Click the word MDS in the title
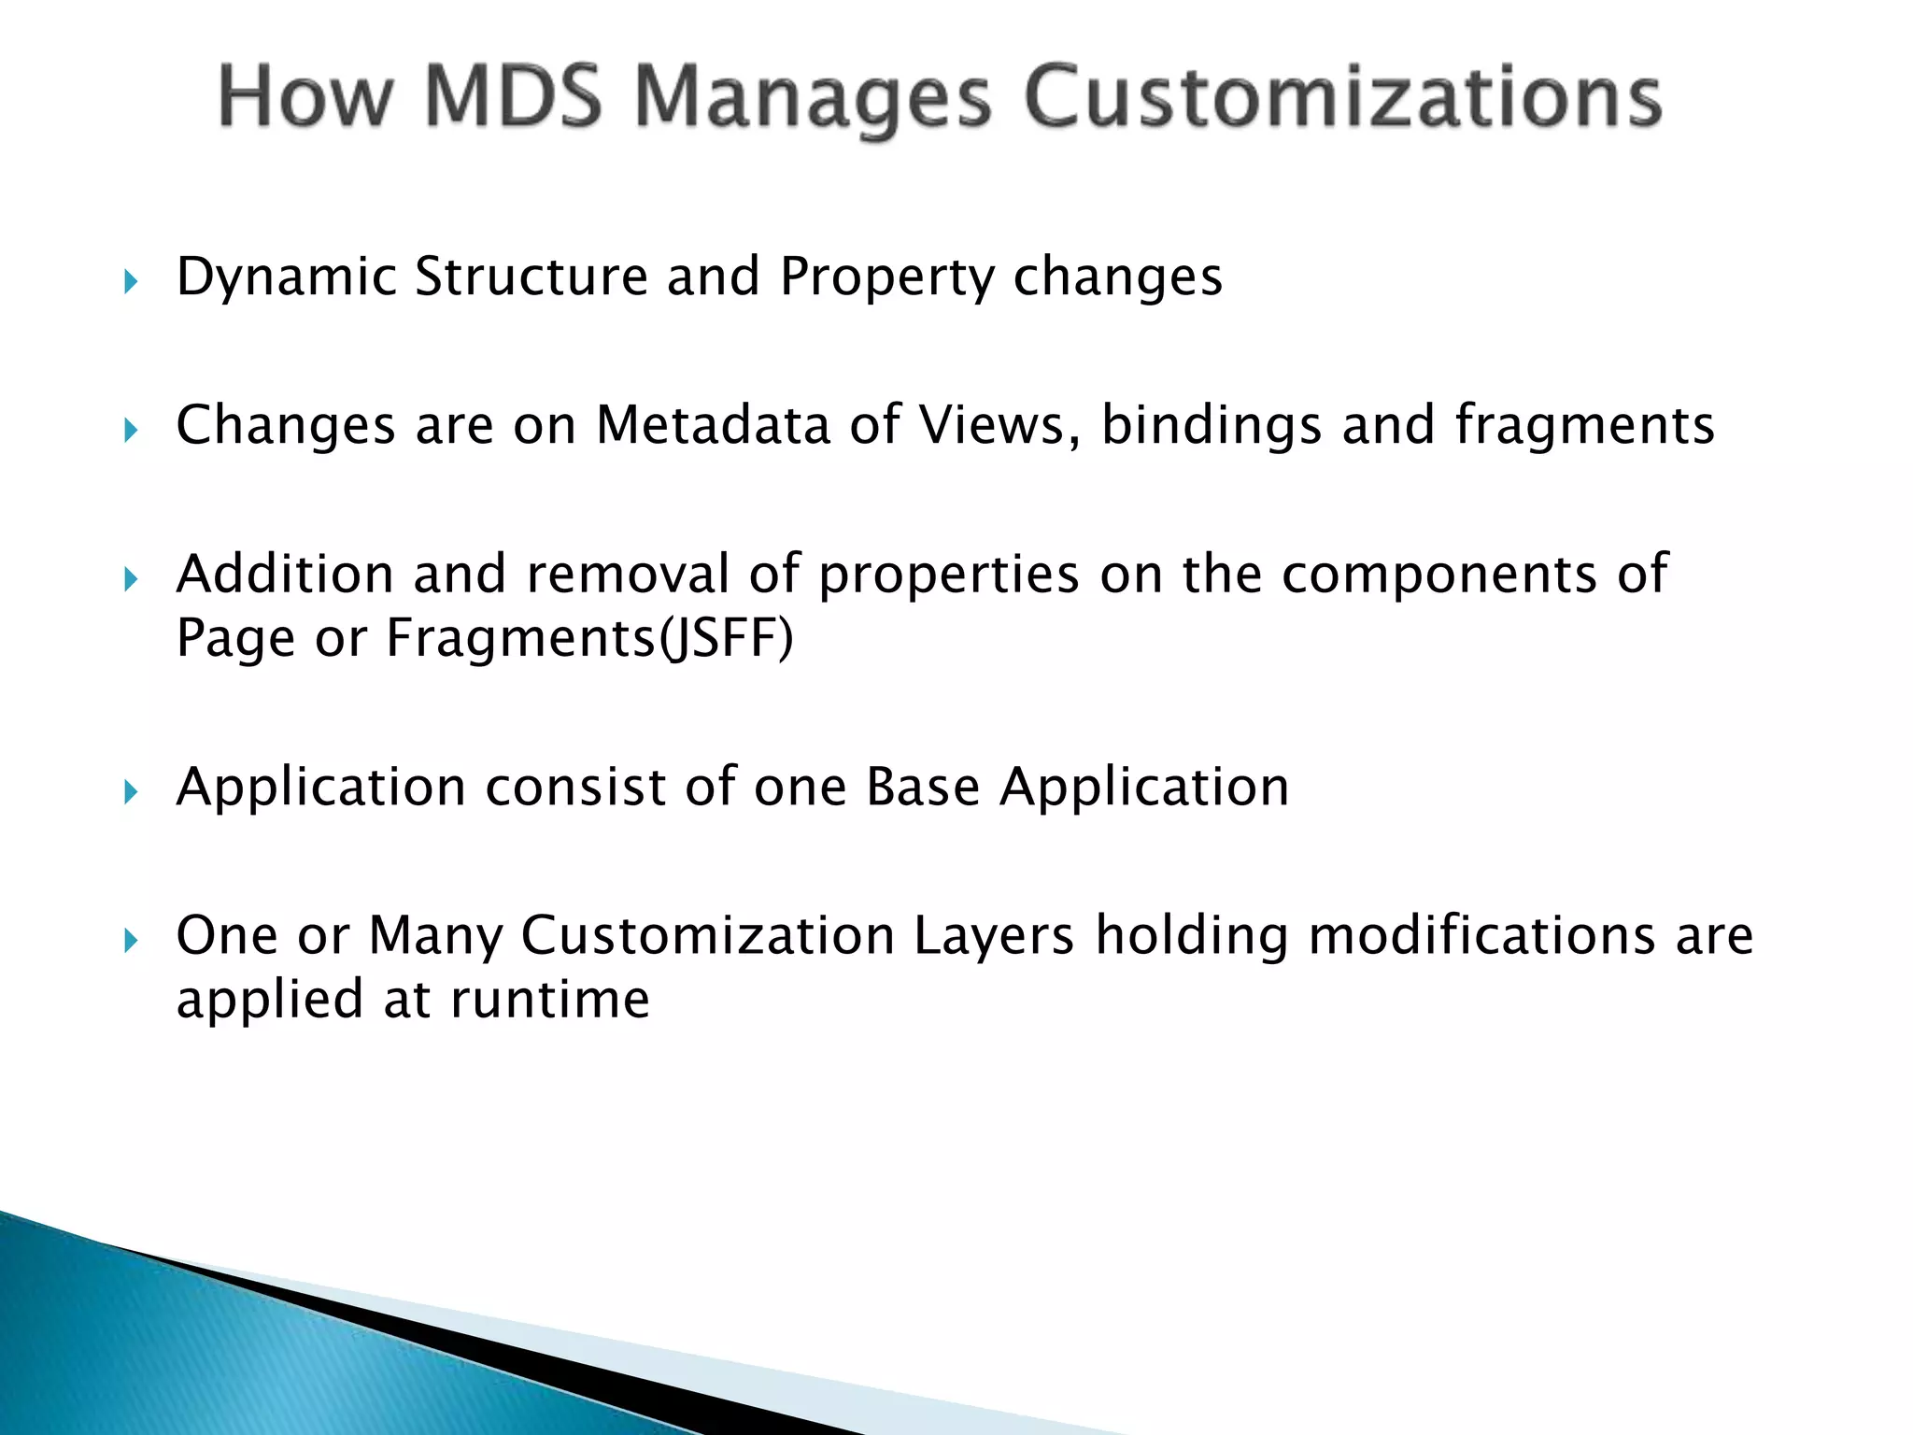point(513,97)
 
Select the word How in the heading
point(306,97)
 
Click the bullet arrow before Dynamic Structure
point(131,281)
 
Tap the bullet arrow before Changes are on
point(131,431)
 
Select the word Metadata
point(713,425)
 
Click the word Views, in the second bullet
point(999,425)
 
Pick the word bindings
point(1212,427)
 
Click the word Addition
point(285,574)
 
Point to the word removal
point(627,574)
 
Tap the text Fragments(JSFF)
point(589,639)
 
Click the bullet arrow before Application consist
point(131,793)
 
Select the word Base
point(923,787)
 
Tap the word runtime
point(549,1000)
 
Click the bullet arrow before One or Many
point(131,941)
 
